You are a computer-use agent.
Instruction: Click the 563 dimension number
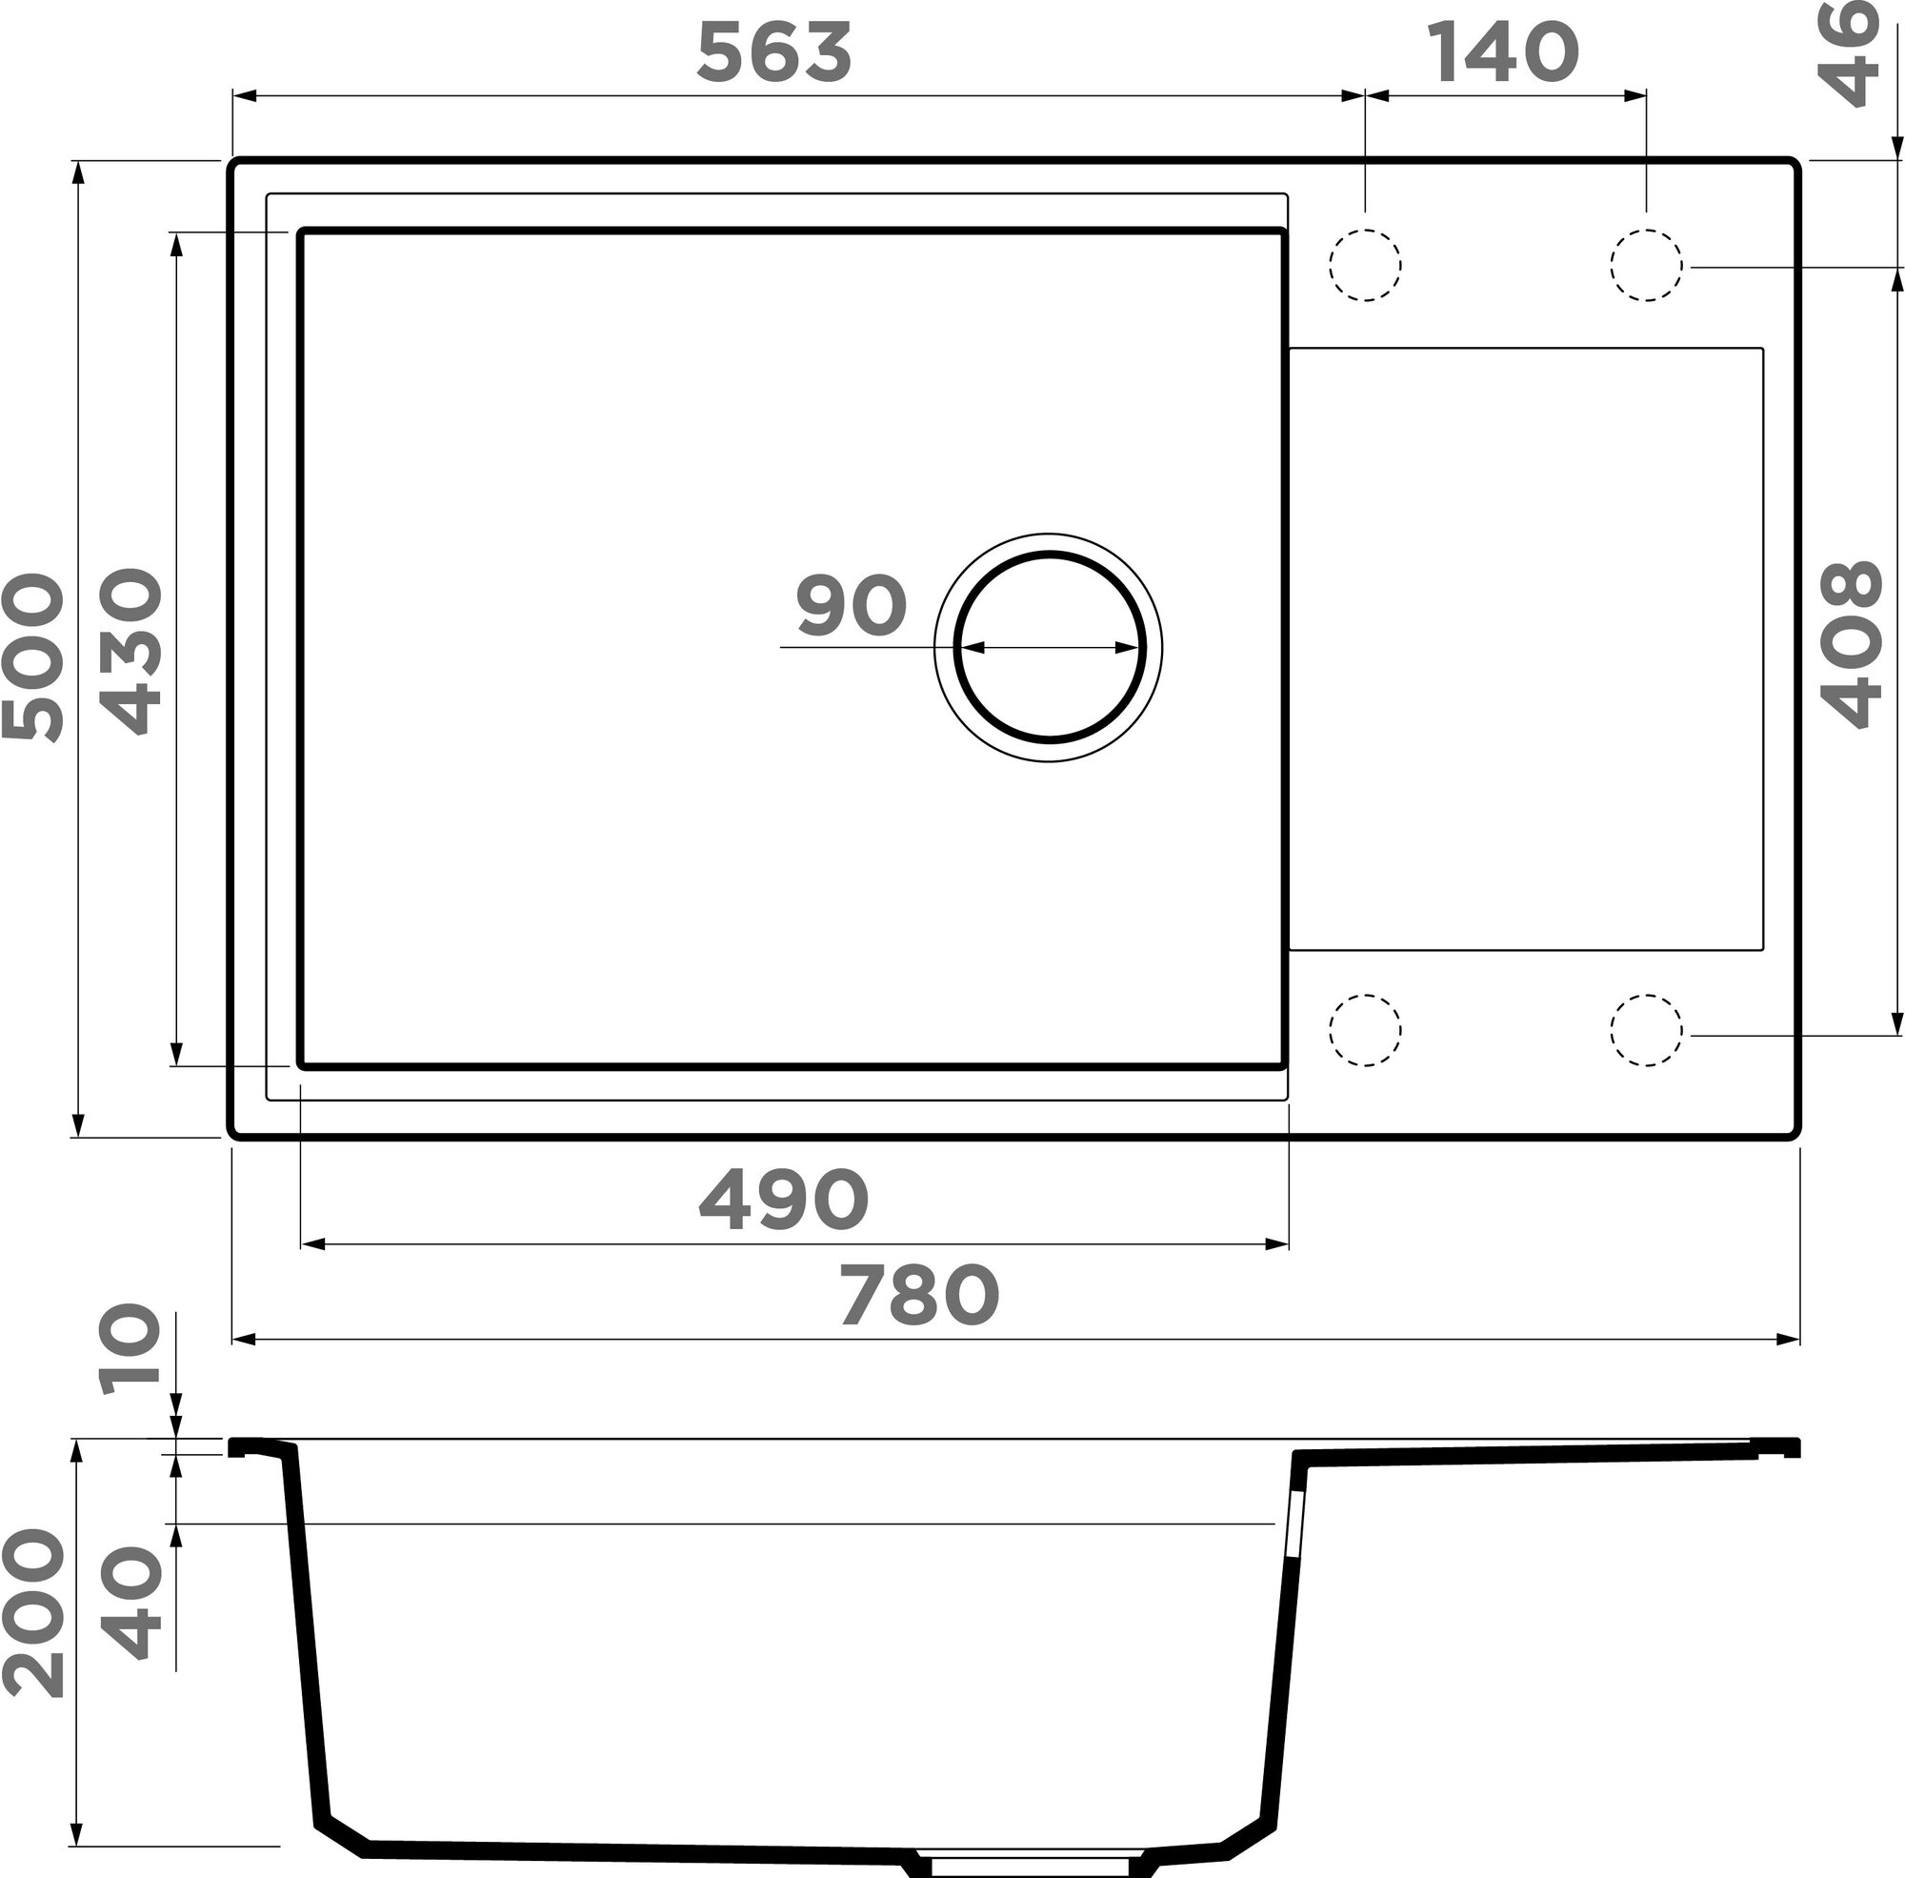774,52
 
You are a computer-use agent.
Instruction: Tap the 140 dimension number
1503,52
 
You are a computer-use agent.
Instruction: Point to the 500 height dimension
32,656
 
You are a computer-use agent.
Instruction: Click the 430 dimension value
131,652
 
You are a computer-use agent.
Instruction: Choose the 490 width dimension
784,1199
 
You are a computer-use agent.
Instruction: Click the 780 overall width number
919,1295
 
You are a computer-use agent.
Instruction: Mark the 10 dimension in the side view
131,1348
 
